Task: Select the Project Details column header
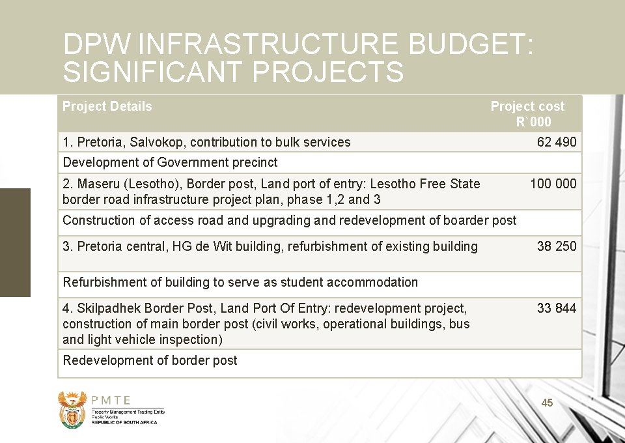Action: (107, 106)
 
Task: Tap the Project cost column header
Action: (527, 113)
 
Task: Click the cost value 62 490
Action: (557, 142)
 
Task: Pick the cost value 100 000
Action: (553, 184)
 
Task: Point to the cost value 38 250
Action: (557, 246)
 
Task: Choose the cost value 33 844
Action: (557, 308)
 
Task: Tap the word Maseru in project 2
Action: (98, 184)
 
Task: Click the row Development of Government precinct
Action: (170, 162)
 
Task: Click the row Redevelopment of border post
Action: (150, 360)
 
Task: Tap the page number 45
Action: (548, 403)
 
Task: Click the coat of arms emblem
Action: (72, 409)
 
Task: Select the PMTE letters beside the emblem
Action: (111, 401)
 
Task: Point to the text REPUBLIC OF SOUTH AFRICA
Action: (124, 422)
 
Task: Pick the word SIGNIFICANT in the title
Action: (153, 72)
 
